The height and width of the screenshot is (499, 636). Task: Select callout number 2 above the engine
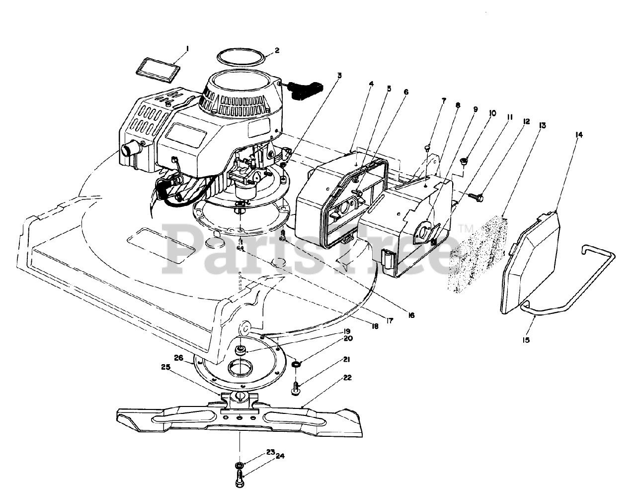pos(277,50)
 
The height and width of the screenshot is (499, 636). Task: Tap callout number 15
pos(526,340)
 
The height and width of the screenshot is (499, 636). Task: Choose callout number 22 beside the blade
pos(347,378)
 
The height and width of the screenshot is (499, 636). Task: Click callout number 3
pos(339,76)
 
